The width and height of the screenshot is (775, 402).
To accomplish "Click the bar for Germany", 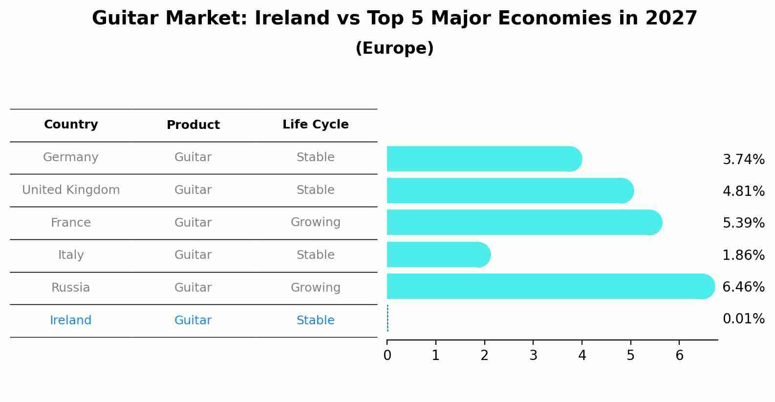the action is pyautogui.click(x=484, y=159).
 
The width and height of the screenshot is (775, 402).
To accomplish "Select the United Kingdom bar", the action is pyautogui.click(x=510, y=190).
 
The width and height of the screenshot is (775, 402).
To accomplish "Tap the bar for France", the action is pyautogui.click(x=524, y=222).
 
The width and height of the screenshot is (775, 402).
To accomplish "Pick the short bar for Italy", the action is pyautogui.click(x=439, y=254).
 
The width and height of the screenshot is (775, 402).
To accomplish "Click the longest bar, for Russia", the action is pyautogui.click(x=551, y=286).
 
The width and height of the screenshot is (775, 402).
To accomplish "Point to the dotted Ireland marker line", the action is pyautogui.click(x=387, y=318).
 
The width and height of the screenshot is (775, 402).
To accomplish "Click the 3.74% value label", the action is pyautogui.click(x=744, y=160).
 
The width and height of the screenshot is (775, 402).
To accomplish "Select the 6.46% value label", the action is pyautogui.click(x=744, y=287).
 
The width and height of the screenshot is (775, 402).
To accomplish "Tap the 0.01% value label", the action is pyautogui.click(x=744, y=318).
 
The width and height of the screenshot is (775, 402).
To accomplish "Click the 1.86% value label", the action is pyautogui.click(x=744, y=255).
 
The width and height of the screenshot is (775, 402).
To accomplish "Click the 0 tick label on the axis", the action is pyautogui.click(x=387, y=355).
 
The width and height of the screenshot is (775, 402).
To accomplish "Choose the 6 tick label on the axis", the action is pyautogui.click(x=680, y=355).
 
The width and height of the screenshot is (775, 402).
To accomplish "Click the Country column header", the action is pyautogui.click(x=71, y=124).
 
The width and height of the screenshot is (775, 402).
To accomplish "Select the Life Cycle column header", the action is pyautogui.click(x=316, y=124).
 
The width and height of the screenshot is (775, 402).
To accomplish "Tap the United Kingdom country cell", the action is pyautogui.click(x=71, y=190).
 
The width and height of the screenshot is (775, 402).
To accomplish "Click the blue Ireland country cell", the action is pyautogui.click(x=70, y=320).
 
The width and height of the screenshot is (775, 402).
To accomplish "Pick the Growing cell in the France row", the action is pyautogui.click(x=316, y=222).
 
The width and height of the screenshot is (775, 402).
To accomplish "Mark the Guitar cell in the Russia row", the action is pyautogui.click(x=193, y=288).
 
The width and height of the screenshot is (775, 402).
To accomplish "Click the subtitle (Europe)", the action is pyautogui.click(x=394, y=48).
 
